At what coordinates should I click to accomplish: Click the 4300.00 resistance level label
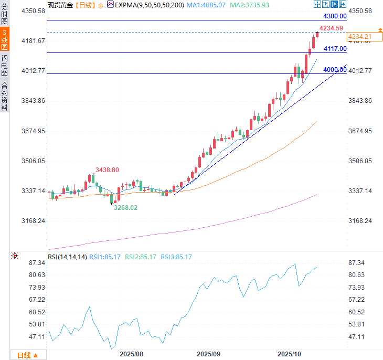[335, 17]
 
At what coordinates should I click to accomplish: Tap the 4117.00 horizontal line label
[335, 49]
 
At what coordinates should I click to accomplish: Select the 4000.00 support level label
[335, 70]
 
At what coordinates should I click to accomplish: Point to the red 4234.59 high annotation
[331, 28]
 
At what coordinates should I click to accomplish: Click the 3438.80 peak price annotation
[108, 170]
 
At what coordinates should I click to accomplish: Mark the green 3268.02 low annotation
[126, 208]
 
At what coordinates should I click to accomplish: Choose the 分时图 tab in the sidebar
[5, 15]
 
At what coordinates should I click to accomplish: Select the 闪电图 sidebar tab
[5, 66]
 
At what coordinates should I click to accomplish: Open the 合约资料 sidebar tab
[5, 97]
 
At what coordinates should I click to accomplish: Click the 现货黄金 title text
[60, 5]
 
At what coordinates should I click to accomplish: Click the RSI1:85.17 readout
[105, 257]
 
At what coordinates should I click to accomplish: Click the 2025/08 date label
[131, 354]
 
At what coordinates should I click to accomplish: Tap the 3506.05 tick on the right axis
[359, 161]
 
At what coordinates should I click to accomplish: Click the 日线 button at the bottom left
[28, 355]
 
